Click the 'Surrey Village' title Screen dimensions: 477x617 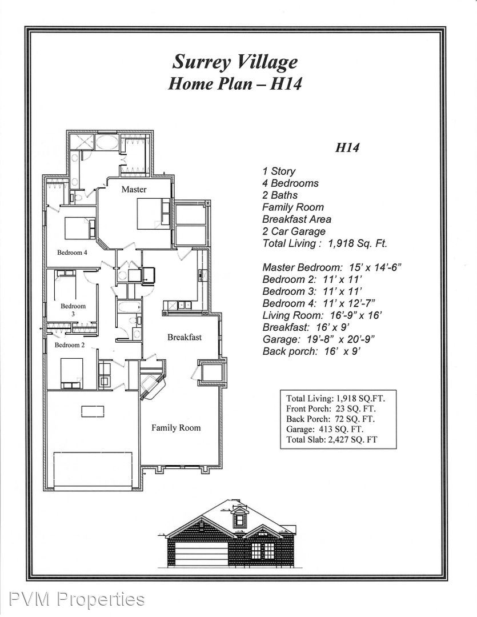pyautogui.click(x=235, y=62)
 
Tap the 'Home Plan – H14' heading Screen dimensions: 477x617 pyautogui.click(x=235, y=84)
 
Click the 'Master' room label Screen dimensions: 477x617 pyautogui.click(x=134, y=189)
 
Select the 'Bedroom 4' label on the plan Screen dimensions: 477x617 pyautogui.click(x=72, y=253)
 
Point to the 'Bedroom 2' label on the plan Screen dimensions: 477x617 pyautogui.click(x=69, y=345)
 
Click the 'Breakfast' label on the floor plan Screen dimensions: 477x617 pyautogui.click(x=184, y=337)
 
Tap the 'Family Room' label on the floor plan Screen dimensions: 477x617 pyautogui.click(x=176, y=428)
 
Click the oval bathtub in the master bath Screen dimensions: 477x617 pyautogui.click(x=107, y=142)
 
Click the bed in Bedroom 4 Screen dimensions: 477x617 pyautogui.click(x=79, y=228)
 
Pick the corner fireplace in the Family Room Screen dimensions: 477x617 pyautogui.click(x=153, y=386)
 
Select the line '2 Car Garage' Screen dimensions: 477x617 pyautogui.click(x=294, y=231)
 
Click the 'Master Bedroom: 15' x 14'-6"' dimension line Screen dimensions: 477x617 pyautogui.click(x=332, y=267)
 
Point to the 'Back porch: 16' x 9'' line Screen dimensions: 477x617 pyautogui.click(x=312, y=351)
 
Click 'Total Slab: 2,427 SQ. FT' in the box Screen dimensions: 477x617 pyautogui.click(x=332, y=439)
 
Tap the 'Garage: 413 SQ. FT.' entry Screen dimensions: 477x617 pyautogui.click(x=324, y=429)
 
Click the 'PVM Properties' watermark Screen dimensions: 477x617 pyautogui.click(x=77, y=599)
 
